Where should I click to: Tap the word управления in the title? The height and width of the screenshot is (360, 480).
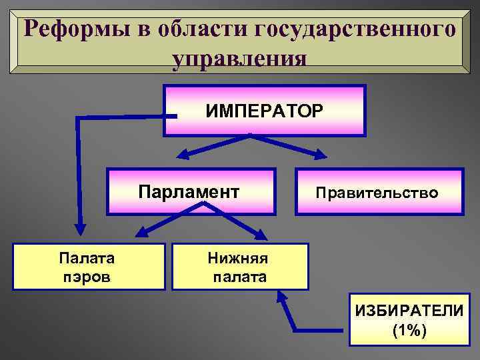pyautogui.click(x=239, y=58)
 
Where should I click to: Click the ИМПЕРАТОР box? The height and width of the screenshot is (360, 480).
pyautogui.click(x=265, y=109)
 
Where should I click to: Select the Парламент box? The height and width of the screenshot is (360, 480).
pyautogui.click(x=191, y=192)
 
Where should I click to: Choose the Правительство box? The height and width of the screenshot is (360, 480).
pyautogui.click(x=379, y=192)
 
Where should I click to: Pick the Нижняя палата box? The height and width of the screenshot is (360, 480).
pyautogui.click(x=240, y=267)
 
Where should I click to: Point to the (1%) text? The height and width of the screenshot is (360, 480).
pyautogui.click(x=409, y=331)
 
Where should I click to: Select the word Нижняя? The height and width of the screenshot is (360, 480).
pyautogui.click(x=240, y=257)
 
